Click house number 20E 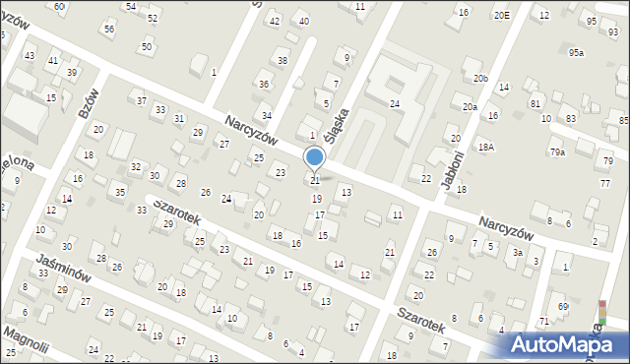coord(502,15)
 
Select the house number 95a coord(576,52)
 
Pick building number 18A coord(486,147)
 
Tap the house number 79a coord(557,152)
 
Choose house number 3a coord(517,253)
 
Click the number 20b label coord(479,78)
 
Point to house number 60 coord(59,7)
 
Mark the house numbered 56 coord(108,29)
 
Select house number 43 coord(30,55)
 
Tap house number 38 coord(283,60)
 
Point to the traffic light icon coord(602,313)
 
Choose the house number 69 coord(563,307)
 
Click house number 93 coord(613,32)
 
